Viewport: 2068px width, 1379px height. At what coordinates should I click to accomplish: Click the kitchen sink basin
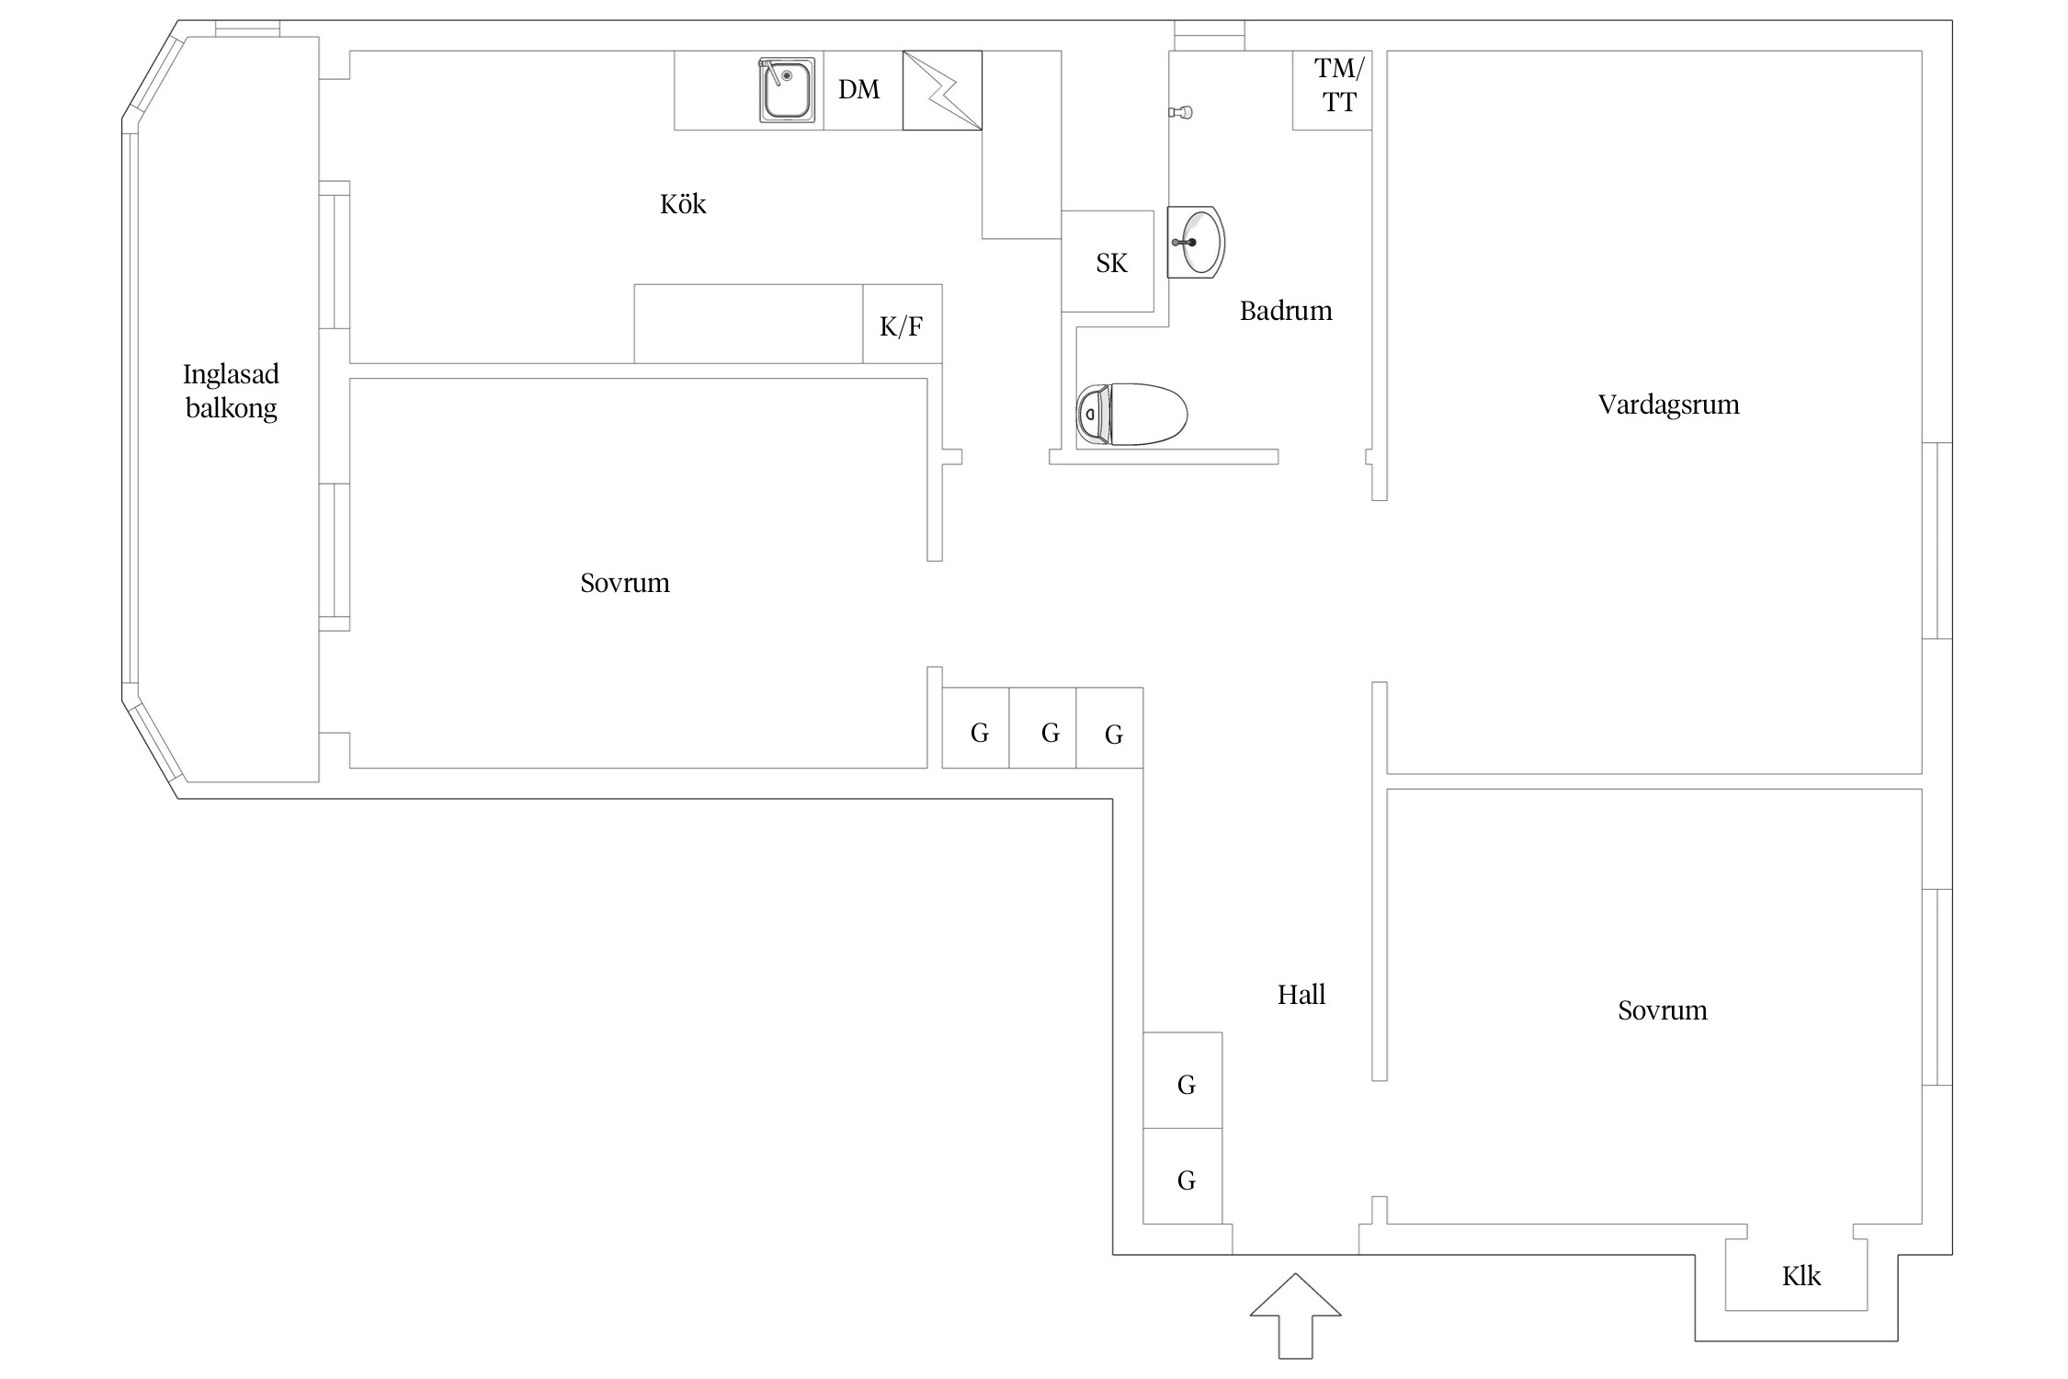(787, 90)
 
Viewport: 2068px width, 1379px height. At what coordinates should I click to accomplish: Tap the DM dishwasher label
(858, 89)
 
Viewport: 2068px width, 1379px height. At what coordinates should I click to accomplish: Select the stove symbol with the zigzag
(942, 90)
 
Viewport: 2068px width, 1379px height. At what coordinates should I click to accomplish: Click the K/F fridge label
(901, 326)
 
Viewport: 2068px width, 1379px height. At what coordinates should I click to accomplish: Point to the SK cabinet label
(1111, 264)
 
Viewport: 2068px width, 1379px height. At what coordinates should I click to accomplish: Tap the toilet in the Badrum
(1131, 415)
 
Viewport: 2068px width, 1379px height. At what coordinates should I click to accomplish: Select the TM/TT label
(1338, 85)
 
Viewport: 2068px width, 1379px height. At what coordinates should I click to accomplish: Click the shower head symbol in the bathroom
(1182, 112)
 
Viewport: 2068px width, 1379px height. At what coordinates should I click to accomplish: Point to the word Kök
(683, 204)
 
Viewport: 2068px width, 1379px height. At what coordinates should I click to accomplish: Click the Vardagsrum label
(1668, 405)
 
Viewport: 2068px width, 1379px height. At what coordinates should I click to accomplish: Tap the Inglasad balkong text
(231, 391)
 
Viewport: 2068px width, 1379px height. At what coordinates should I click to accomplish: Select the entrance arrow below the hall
(1295, 1314)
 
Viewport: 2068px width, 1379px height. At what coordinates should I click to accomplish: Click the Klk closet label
(1801, 1276)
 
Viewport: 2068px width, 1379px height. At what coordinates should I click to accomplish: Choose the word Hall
(1301, 995)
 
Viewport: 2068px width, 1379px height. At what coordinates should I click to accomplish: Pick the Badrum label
(1285, 312)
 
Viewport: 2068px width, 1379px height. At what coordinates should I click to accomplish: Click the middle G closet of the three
(1050, 734)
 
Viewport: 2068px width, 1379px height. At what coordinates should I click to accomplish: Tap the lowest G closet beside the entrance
(1186, 1180)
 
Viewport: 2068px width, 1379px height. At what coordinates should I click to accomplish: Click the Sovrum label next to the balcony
(625, 584)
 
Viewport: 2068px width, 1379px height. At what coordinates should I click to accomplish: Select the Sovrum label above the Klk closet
(1662, 1011)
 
